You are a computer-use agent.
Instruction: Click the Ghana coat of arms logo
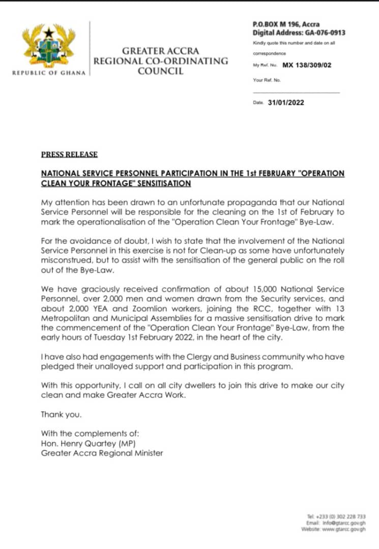[49, 46]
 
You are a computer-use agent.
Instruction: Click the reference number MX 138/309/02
[306, 66]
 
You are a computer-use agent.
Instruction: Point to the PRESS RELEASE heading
[69, 155]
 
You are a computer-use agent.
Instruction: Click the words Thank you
[61, 414]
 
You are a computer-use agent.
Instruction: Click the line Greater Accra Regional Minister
[102, 452]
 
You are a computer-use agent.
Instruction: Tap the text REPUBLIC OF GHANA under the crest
[49, 73]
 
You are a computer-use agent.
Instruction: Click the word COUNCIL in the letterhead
[160, 71]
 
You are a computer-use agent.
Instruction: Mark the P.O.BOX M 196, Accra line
[286, 24]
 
